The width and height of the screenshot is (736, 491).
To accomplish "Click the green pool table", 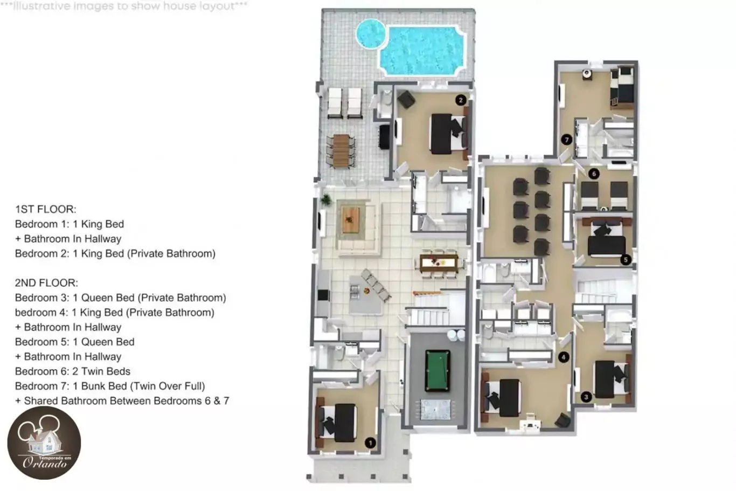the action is (x=438, y=370).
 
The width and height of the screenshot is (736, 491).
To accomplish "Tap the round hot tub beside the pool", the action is (x=371, y=33).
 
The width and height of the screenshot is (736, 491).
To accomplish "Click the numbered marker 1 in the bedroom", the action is (x=370, y=443).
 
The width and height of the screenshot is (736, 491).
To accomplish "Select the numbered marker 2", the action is (x=461, y=100).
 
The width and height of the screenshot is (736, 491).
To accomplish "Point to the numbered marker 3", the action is (x=586, y=397).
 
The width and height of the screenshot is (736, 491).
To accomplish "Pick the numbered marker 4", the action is (x=564, y=357).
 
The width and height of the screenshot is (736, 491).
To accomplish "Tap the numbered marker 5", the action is (x=626, y=260).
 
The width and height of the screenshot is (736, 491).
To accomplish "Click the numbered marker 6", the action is (x=594, y=174).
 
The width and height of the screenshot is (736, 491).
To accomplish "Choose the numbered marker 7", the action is (x=566, y=140).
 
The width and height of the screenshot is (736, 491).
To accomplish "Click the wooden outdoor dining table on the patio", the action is (x=341, y=151).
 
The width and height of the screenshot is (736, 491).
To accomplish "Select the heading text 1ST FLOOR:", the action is (x=46, y=209).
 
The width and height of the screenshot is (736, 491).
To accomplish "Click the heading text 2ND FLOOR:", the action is (x=47, y=283).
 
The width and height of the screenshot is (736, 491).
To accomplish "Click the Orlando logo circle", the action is (x=44, y=442).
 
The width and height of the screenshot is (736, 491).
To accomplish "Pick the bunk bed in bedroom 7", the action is (x=622, y=88).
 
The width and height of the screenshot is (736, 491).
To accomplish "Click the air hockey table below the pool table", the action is (x=435, y=410).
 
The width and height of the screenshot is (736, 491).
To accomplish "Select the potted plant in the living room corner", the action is (x=325, y=199).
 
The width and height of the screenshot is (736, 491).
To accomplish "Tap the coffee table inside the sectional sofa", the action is (x=351, y=219).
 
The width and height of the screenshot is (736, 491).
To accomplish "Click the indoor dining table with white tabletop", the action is (x=439, y=263).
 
